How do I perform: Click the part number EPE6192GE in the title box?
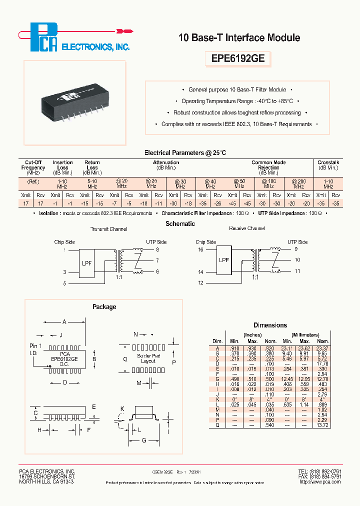point(237,58)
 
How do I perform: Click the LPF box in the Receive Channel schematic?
point(224,260)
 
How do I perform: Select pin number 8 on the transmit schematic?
point(157,249)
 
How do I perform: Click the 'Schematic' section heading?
point(180,224)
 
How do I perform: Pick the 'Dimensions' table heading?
point(270,325)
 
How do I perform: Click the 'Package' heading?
point(104,307)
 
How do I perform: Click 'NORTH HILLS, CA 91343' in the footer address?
point(46,482)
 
